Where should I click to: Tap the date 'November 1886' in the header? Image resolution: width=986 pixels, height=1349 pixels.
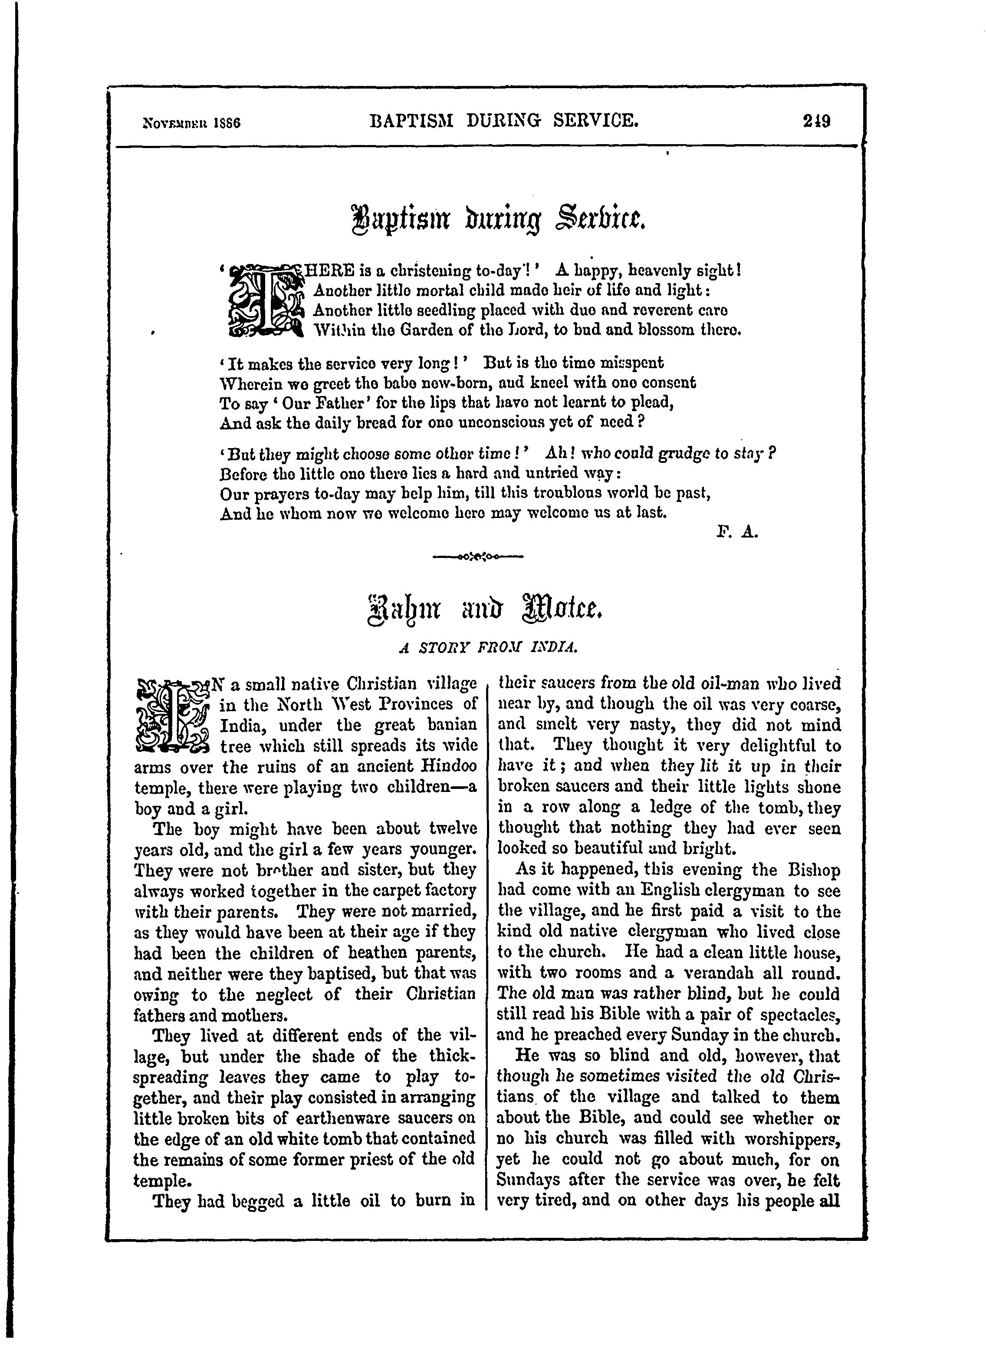(x=191, y=124)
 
